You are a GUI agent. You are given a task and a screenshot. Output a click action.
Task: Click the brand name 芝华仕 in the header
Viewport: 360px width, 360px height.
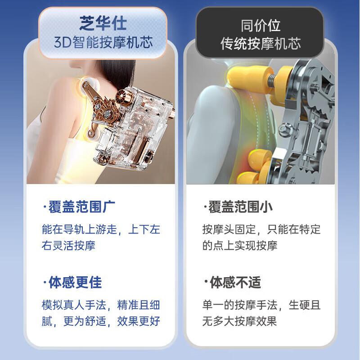(103, 23)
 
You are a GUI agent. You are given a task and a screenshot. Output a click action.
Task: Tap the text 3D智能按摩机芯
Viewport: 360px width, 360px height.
(103, 43)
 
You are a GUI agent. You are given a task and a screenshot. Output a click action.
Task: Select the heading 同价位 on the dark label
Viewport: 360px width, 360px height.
(261, 26)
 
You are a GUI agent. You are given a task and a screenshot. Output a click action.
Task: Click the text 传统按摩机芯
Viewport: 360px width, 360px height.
(261, 44)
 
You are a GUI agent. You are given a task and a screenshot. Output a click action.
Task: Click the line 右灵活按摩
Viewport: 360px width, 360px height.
(68, 245)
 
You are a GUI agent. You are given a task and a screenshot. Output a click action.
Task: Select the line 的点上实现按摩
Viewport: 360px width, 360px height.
(240, 245)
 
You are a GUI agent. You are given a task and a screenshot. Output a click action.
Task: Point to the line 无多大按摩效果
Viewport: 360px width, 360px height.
(239, 321)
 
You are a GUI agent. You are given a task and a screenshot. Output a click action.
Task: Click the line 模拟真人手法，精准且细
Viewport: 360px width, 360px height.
(101, 305)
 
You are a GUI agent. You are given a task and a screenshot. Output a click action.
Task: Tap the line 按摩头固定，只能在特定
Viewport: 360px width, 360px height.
(261, 229)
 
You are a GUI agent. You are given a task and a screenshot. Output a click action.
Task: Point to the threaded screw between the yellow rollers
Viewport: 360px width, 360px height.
(272, 82)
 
